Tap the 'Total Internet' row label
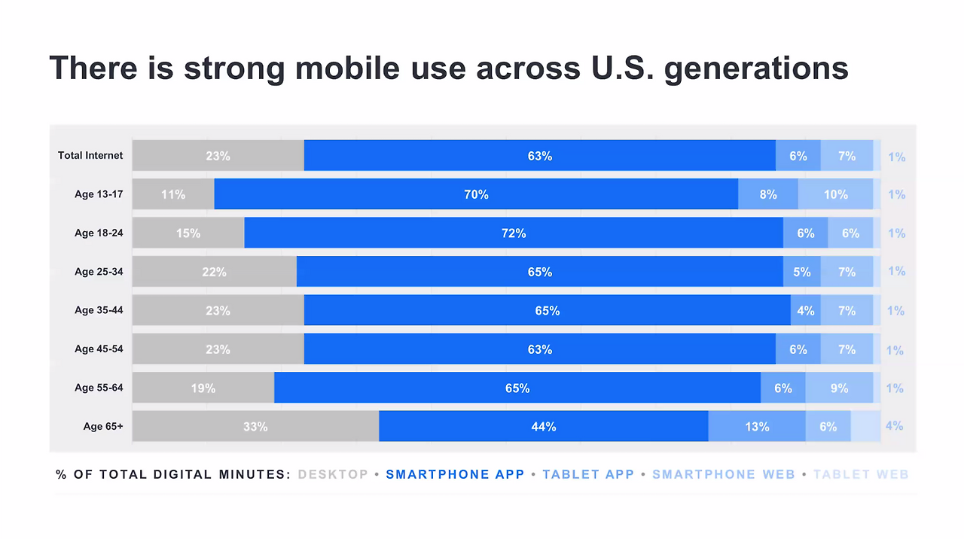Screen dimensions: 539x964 click(x=90, y=156)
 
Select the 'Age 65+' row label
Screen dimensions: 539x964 click(x=103, y=426)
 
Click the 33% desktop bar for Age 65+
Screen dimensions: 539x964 click(x=255, y=426)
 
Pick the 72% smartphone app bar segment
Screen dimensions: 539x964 click(x=514, y=233)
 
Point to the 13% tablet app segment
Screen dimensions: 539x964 click(x=757, y=426)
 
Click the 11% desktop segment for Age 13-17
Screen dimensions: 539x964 click(x=173, y=194)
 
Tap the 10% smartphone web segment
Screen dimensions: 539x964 click(x=835, y=194)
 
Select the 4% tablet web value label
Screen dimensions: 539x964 click(x=894, y=425)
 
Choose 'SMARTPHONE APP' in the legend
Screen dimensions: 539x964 click(x=455, y=474)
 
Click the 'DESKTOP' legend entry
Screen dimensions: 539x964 click(x=333, y=474)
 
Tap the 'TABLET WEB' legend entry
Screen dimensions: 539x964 click(x=861, y=474)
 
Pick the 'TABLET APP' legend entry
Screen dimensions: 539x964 click(x=588, y=474)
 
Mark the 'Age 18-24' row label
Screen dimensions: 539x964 click(x=99, y=233)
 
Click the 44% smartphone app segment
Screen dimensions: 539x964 click(x=543, y=426)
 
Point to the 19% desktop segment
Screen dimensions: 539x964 click(x=203, y=388)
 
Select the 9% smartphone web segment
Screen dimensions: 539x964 click(x=839, y=388)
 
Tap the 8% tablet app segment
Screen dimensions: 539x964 click(x=768, y=194)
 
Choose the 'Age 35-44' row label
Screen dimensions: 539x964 click(x=99, y=310)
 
